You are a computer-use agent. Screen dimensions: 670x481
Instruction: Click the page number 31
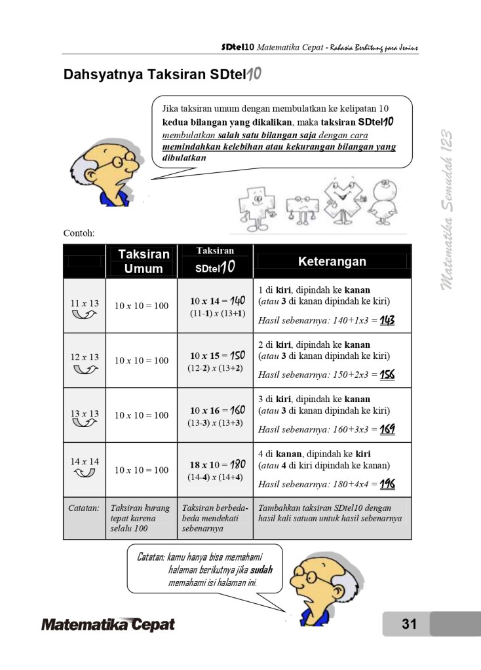point(409,624)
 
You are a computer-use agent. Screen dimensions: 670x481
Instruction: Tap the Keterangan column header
point(332,261)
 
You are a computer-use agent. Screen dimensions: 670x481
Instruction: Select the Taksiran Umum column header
point(143,261)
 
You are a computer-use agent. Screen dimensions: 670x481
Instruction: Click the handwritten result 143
point(387,321)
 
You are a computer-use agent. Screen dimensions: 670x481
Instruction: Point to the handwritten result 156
point(387,375)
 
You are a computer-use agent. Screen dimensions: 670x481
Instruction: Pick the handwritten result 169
point(387,430)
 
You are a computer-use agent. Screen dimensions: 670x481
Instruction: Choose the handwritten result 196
point(387,485)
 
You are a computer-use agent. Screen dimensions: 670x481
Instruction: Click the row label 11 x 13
point(85,303)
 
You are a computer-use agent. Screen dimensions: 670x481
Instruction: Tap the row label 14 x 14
point(85,461)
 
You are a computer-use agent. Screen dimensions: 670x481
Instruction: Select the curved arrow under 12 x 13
point(85,370)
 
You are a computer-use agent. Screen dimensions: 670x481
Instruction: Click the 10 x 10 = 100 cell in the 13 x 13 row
point(142,415)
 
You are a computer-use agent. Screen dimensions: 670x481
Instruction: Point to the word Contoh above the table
point(79,233)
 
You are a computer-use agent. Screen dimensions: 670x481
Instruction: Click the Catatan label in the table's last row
point(84,508)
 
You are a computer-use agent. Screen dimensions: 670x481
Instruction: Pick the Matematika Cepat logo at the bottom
point(108,624)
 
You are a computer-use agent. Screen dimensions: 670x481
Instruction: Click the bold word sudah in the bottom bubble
point(261,570)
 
